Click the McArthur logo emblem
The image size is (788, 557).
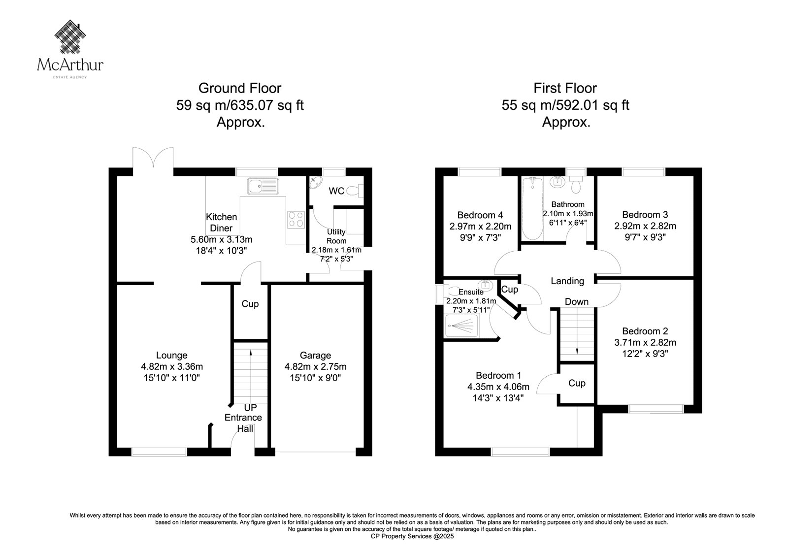pyautogui.click(x=70, y=36)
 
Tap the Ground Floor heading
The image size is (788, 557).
pyautogui.click(x=240, y=88)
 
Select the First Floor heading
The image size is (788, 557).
pyautogui.click(x=565, y=88)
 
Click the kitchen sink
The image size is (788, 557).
pyautogui.click(x=263, y=186)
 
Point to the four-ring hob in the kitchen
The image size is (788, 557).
pyautogui.click(x=296, y=219)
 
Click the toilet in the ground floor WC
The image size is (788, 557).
pyautogui.click(x=355, y=191)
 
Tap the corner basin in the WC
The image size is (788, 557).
pyautogui.click(x=315, y=182)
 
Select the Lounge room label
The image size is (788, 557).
pyautogui.click(x=172, y=356)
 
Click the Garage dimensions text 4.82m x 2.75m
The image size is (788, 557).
pyautogui.click(x=316, y=366)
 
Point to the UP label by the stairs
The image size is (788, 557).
pyautogui.click(x=251, y=407)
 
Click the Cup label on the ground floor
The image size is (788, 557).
pyautogui.click(x=250, y=304)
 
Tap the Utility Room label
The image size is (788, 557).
pyautogui.click(x=336, y=236)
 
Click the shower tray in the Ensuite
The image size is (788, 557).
pyautogui.click(x=462, y=326)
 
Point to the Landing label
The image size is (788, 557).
pyautogui.click(x=567, y=281)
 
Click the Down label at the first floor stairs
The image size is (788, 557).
pyautogui.click(x=577, y=301)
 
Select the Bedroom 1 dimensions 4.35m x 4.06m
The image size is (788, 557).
pyautogui.click(x=498, y=387)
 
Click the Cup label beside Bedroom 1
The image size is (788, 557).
pyautogui.click(x=577, y=383)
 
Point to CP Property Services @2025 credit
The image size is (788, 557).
pyautogui.click(x=412, y=537)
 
